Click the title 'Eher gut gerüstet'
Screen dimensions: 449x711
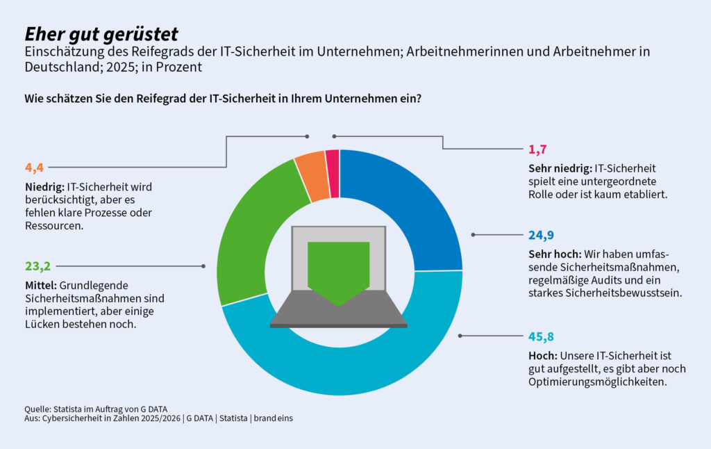coord(101,34)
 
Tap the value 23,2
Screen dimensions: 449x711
coord(37,266)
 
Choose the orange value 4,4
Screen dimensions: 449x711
coord(34,168)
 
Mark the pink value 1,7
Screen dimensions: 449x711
coord(537,148)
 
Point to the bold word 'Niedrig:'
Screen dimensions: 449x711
coord(44,187)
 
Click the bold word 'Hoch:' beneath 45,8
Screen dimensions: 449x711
coord(542,356)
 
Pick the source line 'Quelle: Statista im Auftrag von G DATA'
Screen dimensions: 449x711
coord(96,408)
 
